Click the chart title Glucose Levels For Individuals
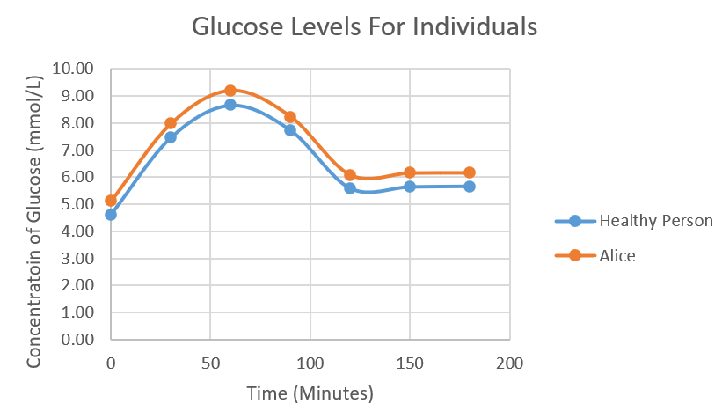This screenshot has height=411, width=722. [364, 27]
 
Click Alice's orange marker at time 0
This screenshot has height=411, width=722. [111, 201]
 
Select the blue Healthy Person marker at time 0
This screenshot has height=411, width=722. [111, 215]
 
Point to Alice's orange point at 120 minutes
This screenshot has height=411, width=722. [350, 175]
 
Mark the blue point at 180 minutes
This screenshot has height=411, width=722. [470, 187]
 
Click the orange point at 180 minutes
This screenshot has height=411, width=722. [470, 172]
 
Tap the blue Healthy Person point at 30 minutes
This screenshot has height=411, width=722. [171, 137]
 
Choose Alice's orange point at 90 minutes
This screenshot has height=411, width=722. [290, 117]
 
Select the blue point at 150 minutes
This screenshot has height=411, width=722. [410, 187]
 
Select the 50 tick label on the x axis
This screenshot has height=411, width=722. [210, 363]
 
